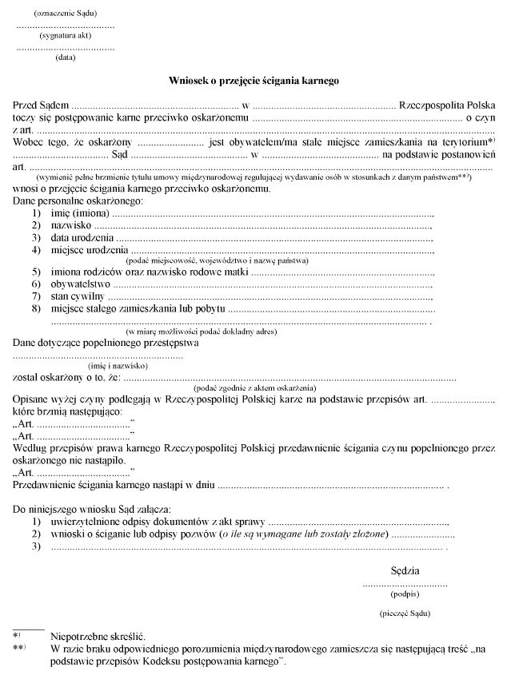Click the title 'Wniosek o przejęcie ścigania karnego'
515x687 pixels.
[254, 81]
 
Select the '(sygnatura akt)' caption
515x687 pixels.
[65, 37]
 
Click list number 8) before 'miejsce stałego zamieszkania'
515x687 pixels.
[36, 308]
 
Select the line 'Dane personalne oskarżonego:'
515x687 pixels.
[77, 202]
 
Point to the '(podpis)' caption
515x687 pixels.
[405, 594]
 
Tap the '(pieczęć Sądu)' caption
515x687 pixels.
[405, 613]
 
